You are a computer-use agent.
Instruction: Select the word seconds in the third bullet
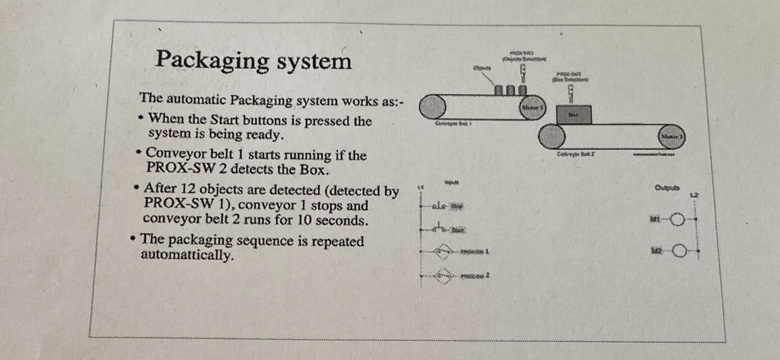341,220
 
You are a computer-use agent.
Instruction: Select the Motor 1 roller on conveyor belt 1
532,107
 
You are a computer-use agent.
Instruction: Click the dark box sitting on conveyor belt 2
573,115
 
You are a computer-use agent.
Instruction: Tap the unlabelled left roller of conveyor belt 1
432,106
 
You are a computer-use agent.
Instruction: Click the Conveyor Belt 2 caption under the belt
576,155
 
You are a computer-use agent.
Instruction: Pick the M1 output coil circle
678,220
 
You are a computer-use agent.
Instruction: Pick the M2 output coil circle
679,251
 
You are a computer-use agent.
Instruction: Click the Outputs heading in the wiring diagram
667,187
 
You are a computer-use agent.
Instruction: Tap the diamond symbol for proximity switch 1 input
442,252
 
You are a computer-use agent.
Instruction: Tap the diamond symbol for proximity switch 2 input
442,276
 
